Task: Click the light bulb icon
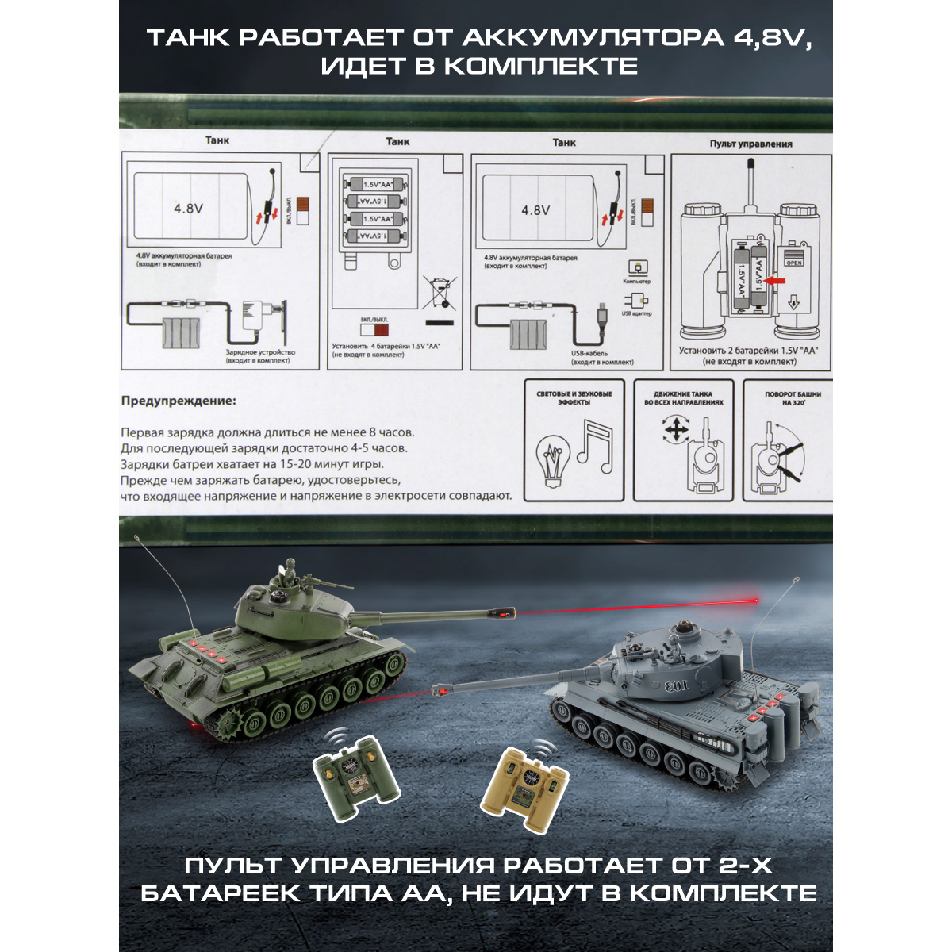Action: [x=554, y=459]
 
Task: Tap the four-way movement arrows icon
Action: [x=676, y=430]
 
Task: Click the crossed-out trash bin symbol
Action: [x=438, y=292]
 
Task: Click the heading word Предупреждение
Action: [x=178, y=401]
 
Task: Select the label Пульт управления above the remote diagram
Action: [x=750, y=144]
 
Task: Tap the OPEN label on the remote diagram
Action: [x=793, y=262]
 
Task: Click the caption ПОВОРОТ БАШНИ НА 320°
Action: [x=793, y=397]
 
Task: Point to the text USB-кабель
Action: [x=590, y=353]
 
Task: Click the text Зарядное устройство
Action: [x=259, y=352]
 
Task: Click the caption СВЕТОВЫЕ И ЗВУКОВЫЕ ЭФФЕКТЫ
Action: [x=574, y=397]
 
